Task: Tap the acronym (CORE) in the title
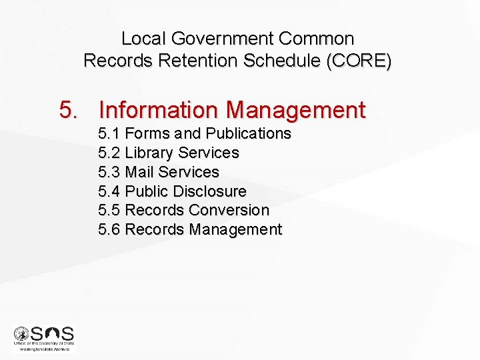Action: (359, 61)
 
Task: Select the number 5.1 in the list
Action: (109, 133)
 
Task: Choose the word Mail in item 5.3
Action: (139, 172)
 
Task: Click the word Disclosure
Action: (209, 191)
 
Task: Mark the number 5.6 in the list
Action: (109, 229)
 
